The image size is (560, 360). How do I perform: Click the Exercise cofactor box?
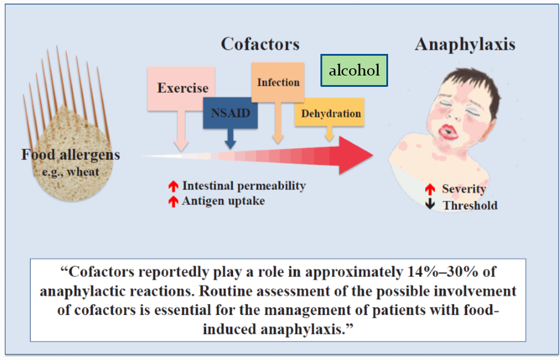click(182, 88)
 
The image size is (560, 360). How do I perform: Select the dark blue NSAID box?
click(230, 112)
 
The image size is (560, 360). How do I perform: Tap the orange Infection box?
click(278, 82)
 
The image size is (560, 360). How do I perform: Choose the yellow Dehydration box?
click(331, 113)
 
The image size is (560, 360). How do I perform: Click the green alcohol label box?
click(354, 70)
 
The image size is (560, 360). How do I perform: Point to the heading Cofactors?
click(260, 44)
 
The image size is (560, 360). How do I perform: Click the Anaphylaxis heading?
click(465, 44)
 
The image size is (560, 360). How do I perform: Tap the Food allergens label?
click(71, 155)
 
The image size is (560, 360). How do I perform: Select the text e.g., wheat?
click(71, 173)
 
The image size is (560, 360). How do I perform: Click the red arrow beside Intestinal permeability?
click(173, 186)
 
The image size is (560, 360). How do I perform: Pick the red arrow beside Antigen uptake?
click(173, 201)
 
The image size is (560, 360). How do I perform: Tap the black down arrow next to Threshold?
click(430, 205)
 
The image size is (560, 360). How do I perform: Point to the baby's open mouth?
click(446, 130)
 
